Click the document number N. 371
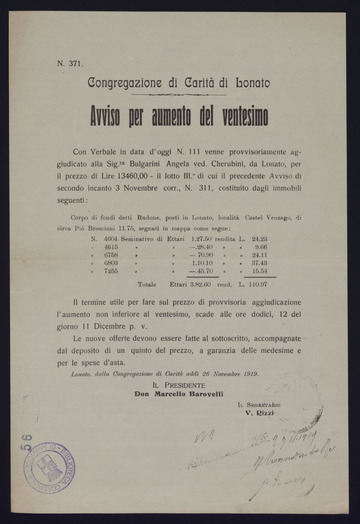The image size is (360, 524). (70, 64)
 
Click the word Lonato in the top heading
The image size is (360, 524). (252, 83)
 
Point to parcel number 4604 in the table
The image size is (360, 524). (111, 238)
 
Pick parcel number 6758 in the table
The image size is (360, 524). (111, 255)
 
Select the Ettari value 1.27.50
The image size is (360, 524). (202, 238)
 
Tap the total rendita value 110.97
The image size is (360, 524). (257, 284)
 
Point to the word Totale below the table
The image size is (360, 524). (147, 284)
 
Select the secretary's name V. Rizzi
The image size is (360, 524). (260, 413)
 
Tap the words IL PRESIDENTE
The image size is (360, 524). (179, 385)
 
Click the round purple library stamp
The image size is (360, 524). (49, 467)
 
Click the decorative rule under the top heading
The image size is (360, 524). (179, 95)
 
